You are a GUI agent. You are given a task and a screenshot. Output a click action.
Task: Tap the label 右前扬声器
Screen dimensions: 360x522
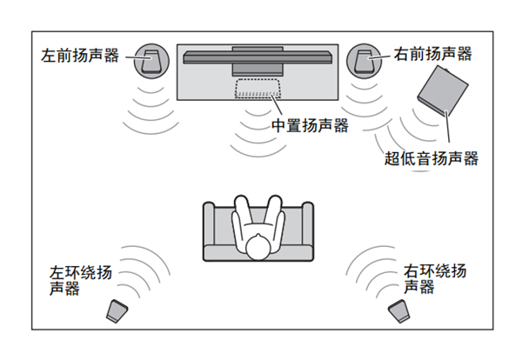432,54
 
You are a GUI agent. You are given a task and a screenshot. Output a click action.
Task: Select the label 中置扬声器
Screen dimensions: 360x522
310,126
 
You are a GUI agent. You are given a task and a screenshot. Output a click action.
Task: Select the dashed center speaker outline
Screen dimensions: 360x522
257,88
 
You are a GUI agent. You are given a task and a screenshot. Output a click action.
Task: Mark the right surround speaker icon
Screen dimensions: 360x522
399,311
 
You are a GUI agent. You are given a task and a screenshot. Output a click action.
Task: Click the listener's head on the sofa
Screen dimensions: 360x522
258,248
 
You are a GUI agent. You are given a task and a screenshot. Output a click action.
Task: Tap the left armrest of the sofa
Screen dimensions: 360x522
211,231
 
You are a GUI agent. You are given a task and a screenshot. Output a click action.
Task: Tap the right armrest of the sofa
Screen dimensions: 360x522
305,231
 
